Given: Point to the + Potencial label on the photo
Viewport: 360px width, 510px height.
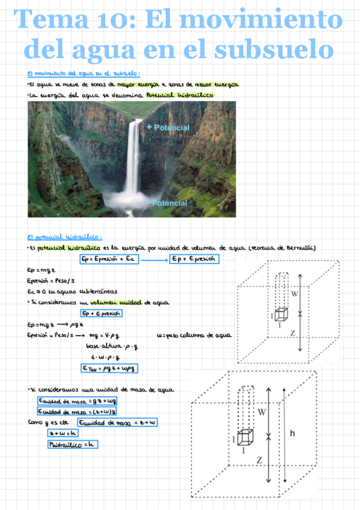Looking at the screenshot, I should pyautogui.click(x=168, y=128).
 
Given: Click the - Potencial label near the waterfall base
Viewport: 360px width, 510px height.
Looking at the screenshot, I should pyautogui.click(x=168, y=203).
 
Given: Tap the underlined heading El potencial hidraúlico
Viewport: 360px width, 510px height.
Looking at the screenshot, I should pyautogui.click(x=65, y=237).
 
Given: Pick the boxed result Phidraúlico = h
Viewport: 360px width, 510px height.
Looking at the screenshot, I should pyautogui.click(x=72, y=444).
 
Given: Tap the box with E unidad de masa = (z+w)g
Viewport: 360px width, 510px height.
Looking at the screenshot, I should pyautogui.click(x=76, y=411).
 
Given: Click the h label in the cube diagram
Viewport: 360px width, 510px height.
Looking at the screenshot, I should pyautogui.click(x=291, y=432).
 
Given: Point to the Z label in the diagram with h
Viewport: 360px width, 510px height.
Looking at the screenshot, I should pyautogui.click(x=259, y=460).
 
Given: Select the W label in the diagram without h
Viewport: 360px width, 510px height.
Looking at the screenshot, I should pyautogui.click(x=294, y=294).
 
